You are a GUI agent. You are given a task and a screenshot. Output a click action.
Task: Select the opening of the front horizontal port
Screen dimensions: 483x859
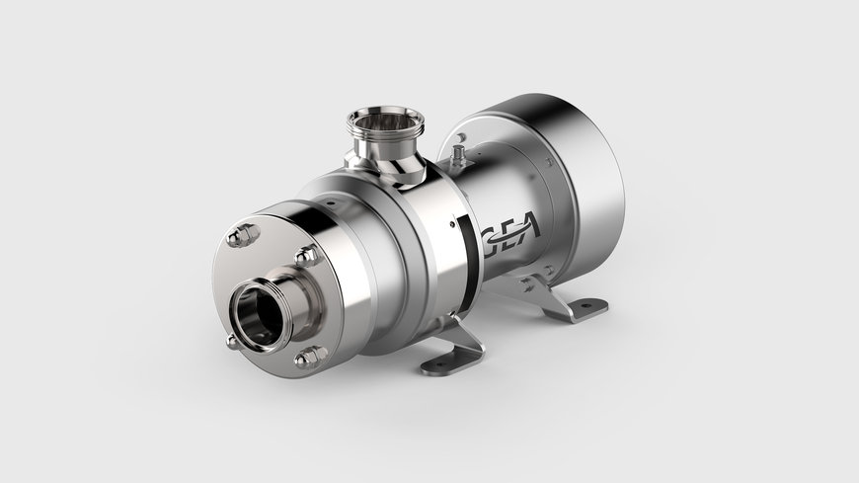click(258, 320)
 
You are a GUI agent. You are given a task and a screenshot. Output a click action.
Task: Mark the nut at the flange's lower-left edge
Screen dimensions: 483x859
click(232, 341)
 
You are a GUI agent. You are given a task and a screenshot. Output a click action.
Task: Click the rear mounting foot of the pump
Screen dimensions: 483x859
click(571, 302)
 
